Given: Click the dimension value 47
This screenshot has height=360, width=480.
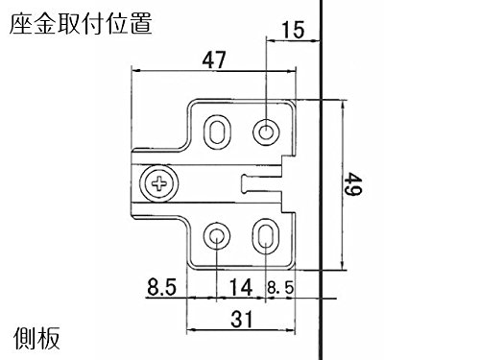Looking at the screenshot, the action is pyautogui.click(x=214, y=60).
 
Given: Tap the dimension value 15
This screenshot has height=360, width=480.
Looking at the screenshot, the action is pyautogui.click(x=293, y=30).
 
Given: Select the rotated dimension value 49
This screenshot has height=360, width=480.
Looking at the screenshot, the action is pyautogui.click(x=353, y=183).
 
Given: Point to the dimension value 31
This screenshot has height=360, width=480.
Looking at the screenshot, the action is pyautogui.click(x=242, y=319).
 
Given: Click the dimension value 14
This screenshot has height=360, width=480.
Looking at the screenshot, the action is pyautogui.click(x=241, y=287).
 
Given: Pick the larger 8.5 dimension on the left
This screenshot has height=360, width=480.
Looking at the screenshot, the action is pyautogui.click(x=161, y=287).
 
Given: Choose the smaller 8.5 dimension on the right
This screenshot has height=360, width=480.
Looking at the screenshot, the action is pyautogui.click(x=280, y=287).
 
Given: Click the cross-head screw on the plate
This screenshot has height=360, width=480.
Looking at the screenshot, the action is pyautogui.click(x=159, y=183).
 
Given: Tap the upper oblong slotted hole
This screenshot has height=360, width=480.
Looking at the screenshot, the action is pyautogui.click(x=217, y=132).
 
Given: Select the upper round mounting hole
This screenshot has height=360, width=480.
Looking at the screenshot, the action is pyautogui.click(x=266, y=132).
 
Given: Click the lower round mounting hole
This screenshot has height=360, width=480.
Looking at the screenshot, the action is pyautogui.click(x=217, y=236).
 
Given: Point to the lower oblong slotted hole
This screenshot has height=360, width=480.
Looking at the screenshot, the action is pyautogui.click(x=265, y=236).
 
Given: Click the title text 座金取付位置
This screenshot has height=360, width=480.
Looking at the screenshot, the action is pyautogui.click(x=81, y=24).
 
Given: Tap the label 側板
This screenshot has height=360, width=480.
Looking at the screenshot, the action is pyautogui.click(x=36, y=338).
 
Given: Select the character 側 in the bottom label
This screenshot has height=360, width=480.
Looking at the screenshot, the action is pyautogui.click(x=25, y=338).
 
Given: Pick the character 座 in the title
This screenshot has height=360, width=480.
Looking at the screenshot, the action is pyautogui.click(x=21, y=24).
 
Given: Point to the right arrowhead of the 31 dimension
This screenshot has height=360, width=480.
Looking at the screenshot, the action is pyautogui.click(x=290, y=330).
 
